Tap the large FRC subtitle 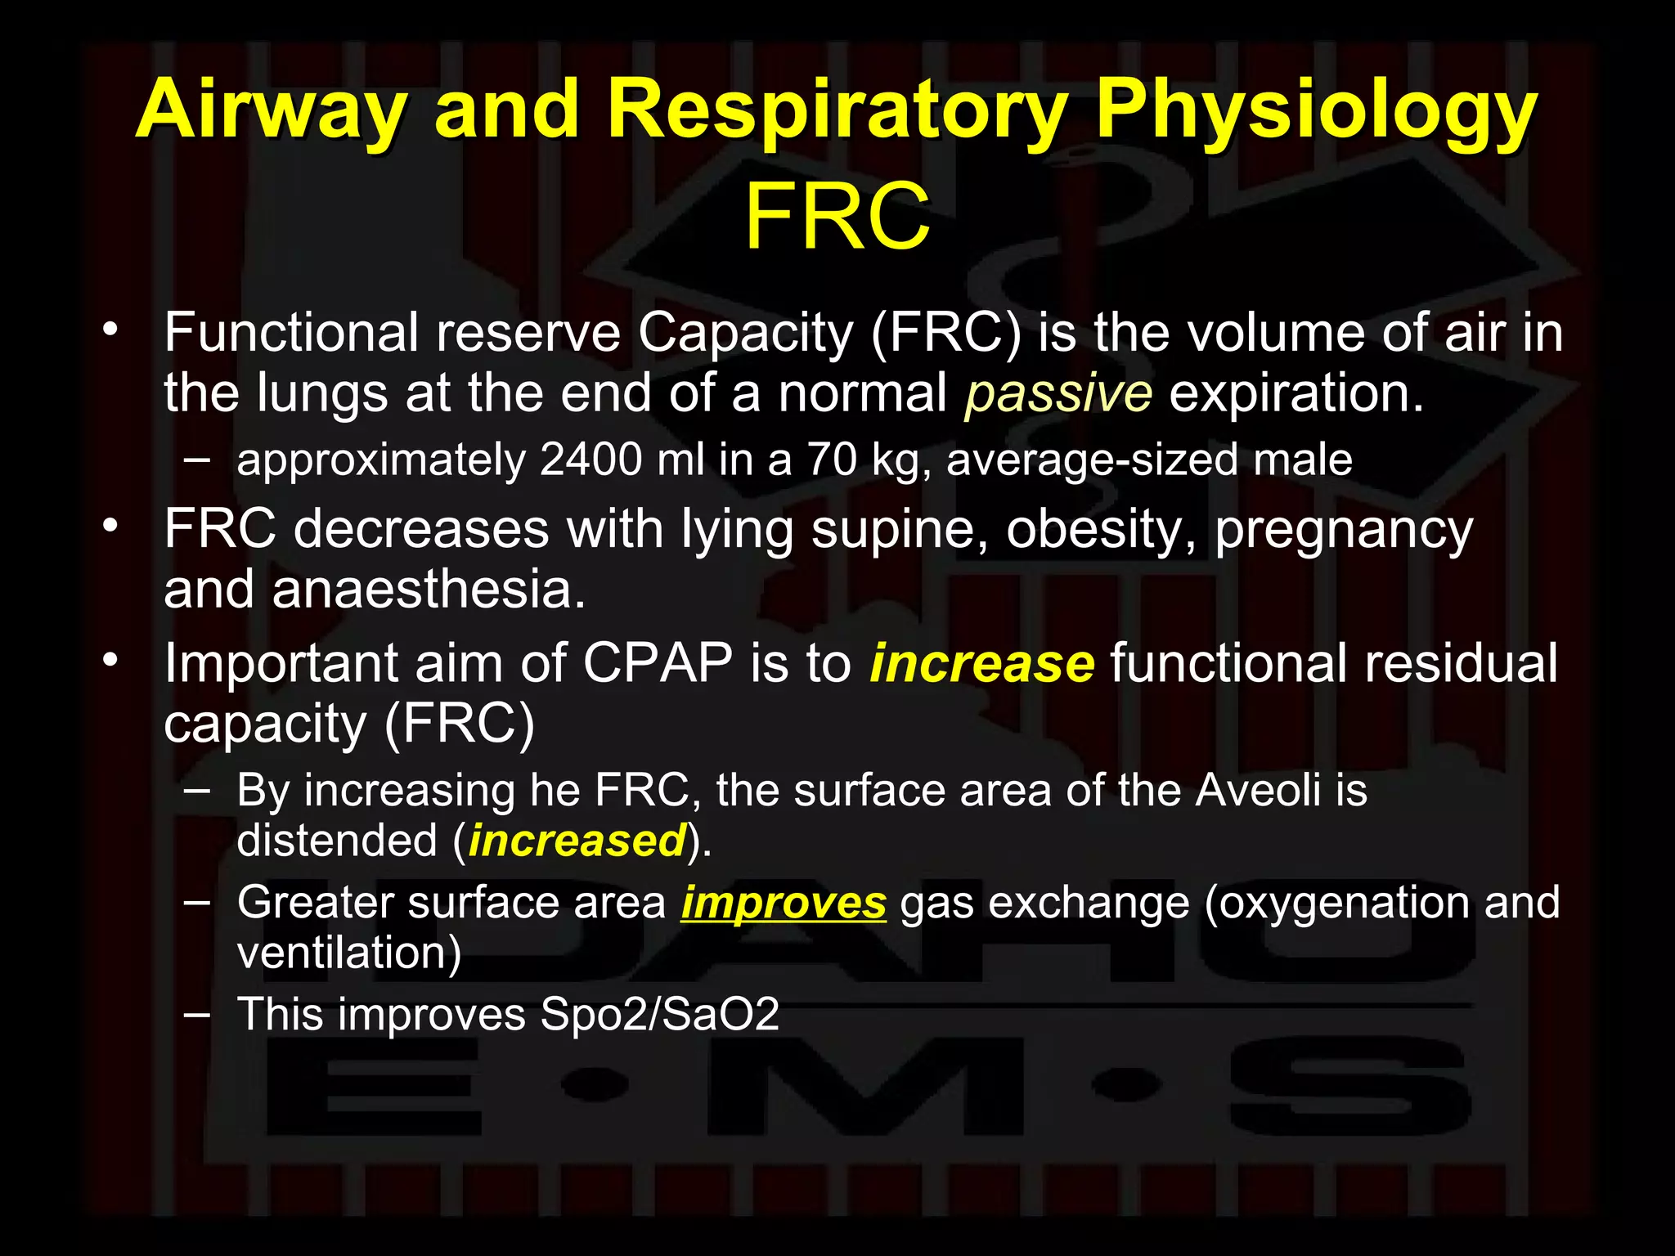point(837,218)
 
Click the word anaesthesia point(429,590)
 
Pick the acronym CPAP point(658,663)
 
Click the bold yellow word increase point(981,663)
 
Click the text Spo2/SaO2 point(659,1015)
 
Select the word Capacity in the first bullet point(745,334)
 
